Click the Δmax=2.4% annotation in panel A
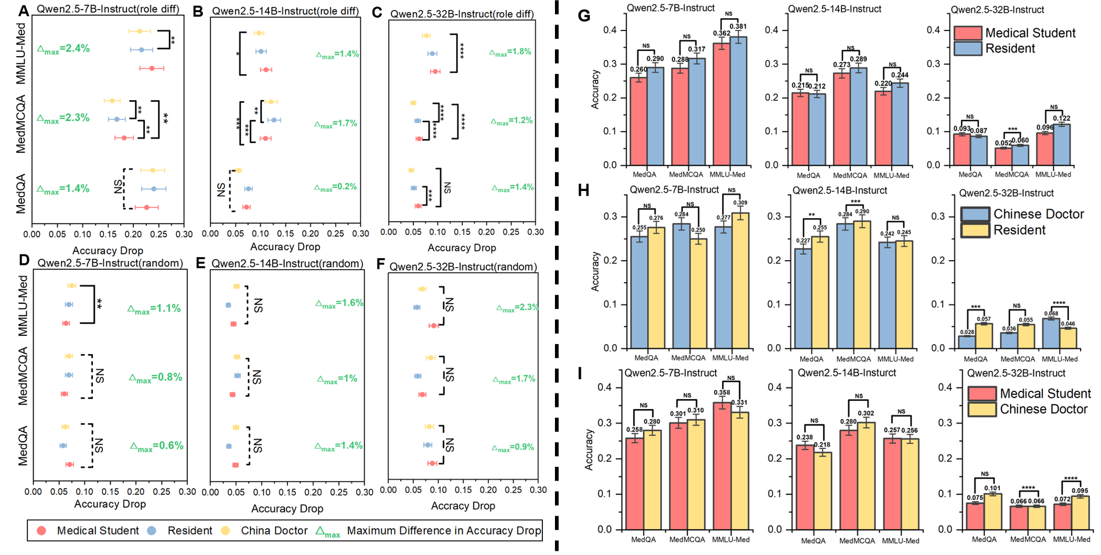[x=63, y=49]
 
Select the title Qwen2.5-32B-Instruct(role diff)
[x=462, y=14]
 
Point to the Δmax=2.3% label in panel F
[x=517, y=307]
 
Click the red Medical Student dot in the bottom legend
[x=41, y=530]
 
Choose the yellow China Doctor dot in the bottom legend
[x=226, y=530]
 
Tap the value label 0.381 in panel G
[x=738, y=26]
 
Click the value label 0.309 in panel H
[x=740, y=203]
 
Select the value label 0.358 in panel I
[x=722, y=392]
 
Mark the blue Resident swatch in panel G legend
[x=967, y=49]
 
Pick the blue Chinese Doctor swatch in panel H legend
[x=975, y=214]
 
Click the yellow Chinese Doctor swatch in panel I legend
[x=982, y=409]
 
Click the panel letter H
[x=583, y=190]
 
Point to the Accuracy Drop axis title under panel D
[x=110, y=504]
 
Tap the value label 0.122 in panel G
[x=1062, y=118]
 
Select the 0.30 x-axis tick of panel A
[x=184, y=234]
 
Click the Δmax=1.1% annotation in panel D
[x=154, y=308]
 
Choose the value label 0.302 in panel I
[x=866, y=413]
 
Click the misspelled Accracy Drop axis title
[x=463, y=506]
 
